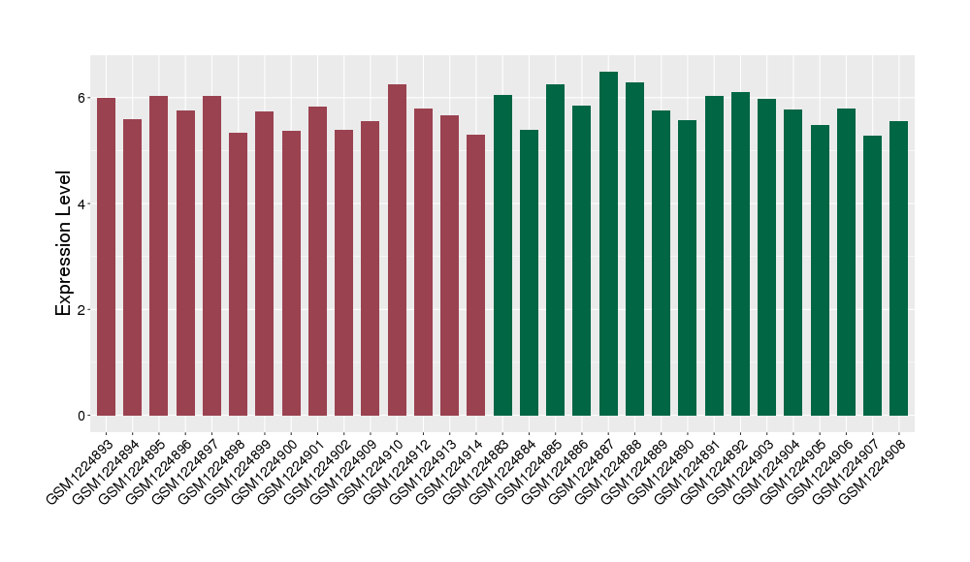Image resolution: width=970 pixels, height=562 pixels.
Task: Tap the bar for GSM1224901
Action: (317, 262)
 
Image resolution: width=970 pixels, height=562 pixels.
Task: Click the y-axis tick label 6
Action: (82, 98)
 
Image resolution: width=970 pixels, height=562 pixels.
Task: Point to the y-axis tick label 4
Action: (82, 204)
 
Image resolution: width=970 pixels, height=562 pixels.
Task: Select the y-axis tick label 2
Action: (82, 310)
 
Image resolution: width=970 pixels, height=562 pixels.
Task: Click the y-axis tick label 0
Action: (82, 416)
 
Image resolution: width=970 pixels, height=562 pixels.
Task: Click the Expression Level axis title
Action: (64, 243)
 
